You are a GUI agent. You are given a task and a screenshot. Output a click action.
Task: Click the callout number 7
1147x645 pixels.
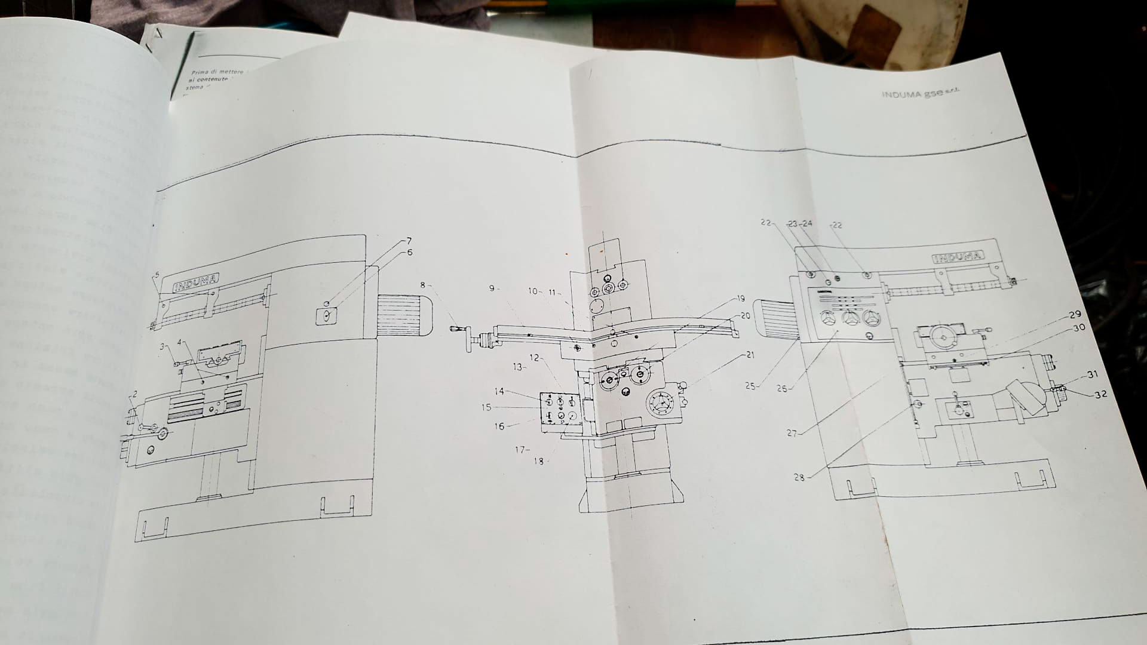coord(409,241)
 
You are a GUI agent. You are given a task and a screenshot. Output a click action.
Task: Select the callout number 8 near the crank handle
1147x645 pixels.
coord(422,285)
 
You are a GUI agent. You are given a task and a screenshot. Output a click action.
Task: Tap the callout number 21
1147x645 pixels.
coord(750,355)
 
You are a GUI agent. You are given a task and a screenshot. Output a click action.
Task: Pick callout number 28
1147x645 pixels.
coord(799,477)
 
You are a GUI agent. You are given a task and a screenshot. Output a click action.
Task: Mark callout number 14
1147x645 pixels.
coord(499,391)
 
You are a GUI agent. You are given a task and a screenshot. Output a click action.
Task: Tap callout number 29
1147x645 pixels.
coord(1075,314)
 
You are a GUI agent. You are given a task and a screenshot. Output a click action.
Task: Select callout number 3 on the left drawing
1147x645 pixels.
coord(161,346)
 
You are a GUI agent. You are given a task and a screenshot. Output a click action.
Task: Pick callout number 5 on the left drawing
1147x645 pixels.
coord(157,275)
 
